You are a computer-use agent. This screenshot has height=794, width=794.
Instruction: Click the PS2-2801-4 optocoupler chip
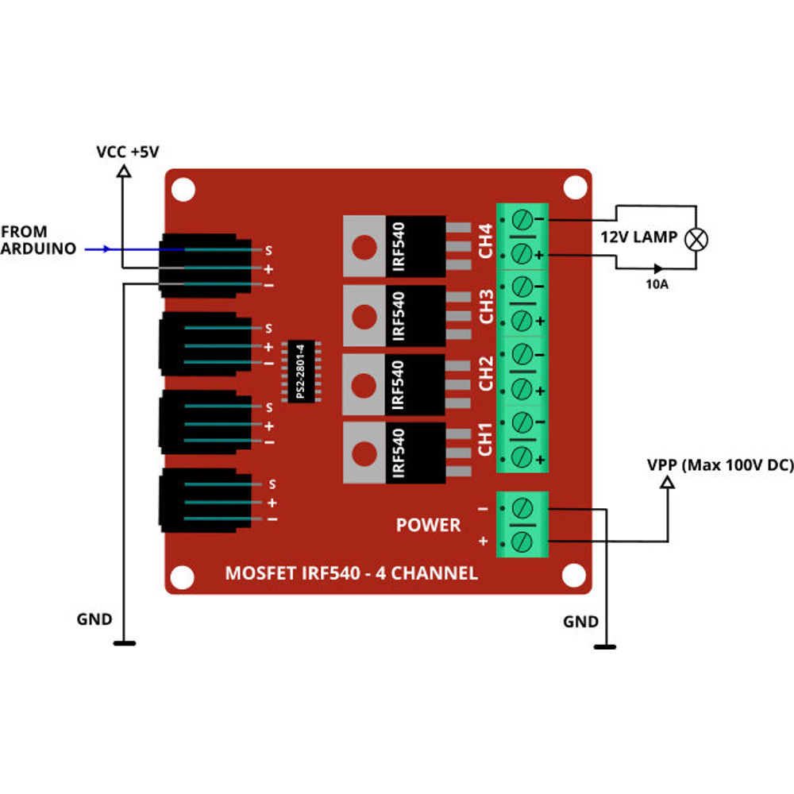pyautogui.click(x=301, y=372)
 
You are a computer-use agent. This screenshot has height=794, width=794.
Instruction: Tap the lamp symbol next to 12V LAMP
pyautogui.click(x=697, y=239)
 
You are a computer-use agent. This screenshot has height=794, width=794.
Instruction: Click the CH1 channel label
pyautogui.click(x=487, y=439)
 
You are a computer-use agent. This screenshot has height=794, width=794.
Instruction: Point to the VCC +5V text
pyautogui.click(x=127, y=151)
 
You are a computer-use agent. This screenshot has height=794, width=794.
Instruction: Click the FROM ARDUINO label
pyautogui.click(x=38, y=240)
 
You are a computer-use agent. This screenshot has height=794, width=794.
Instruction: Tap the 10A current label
pyautogui.click(x=657, y=283)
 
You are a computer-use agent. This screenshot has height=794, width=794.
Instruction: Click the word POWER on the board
pyautogui.click(x=428, y=525)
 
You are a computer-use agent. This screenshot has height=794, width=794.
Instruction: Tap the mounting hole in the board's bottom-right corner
pyautogui.click(x=573, y=574)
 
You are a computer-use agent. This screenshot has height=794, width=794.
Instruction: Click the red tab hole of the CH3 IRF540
pyautogui.click(x=364, y=316)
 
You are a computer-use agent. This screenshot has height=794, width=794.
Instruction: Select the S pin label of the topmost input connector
pyautogui.click(x=268, y=250)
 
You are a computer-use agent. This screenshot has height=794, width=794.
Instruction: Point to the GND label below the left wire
pyautogui.click(x=94, y=619)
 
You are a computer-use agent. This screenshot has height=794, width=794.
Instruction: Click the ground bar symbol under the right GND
pyautogui.click(x=605, y=647)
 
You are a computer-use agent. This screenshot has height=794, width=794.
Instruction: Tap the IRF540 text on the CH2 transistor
pyautogui.click(x=399, y=384)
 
